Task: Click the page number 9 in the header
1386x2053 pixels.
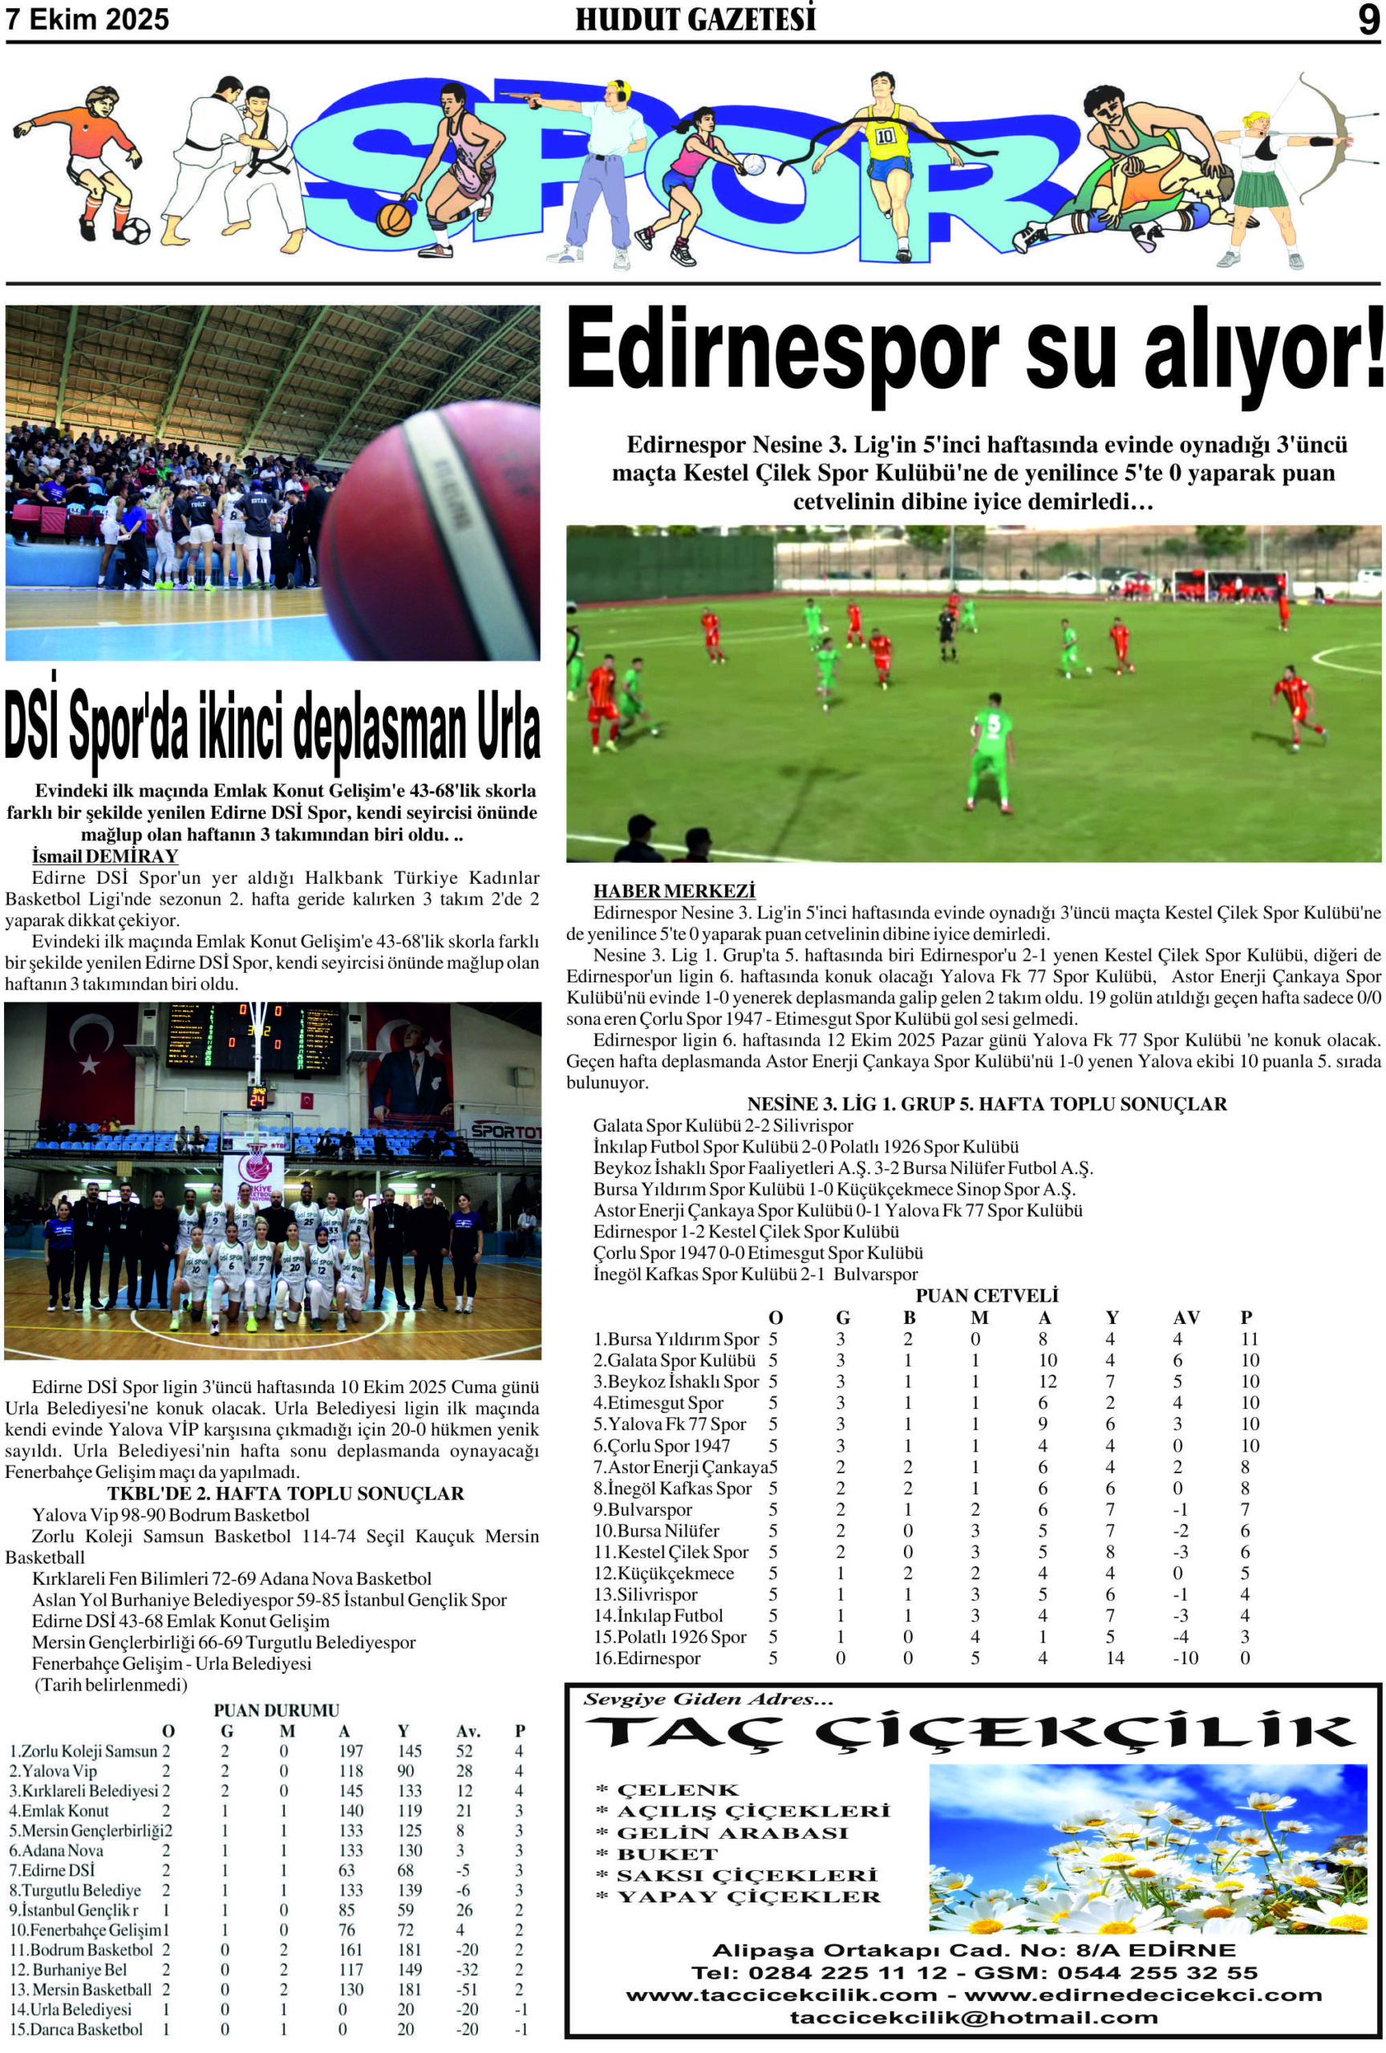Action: [1368, 19]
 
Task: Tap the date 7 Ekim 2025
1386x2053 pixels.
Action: [87, 19]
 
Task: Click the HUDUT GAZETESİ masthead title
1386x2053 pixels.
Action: [695, 19]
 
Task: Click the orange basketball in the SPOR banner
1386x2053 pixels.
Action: [393, 218]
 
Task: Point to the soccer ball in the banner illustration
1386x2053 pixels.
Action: [136, 232]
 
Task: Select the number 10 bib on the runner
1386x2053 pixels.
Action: [884, 136]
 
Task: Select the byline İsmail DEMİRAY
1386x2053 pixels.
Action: [105, 856]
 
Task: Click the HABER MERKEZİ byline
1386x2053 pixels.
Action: [674, 890]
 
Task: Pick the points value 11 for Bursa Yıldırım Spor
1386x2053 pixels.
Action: [1248, 1339]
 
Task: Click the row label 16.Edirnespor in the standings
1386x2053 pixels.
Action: [646, 1658]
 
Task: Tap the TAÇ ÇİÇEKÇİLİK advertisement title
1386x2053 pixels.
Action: [969, 1734]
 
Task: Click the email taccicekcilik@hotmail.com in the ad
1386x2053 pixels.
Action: [974, 2018]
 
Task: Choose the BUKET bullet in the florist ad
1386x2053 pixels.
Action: [668, 1854]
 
